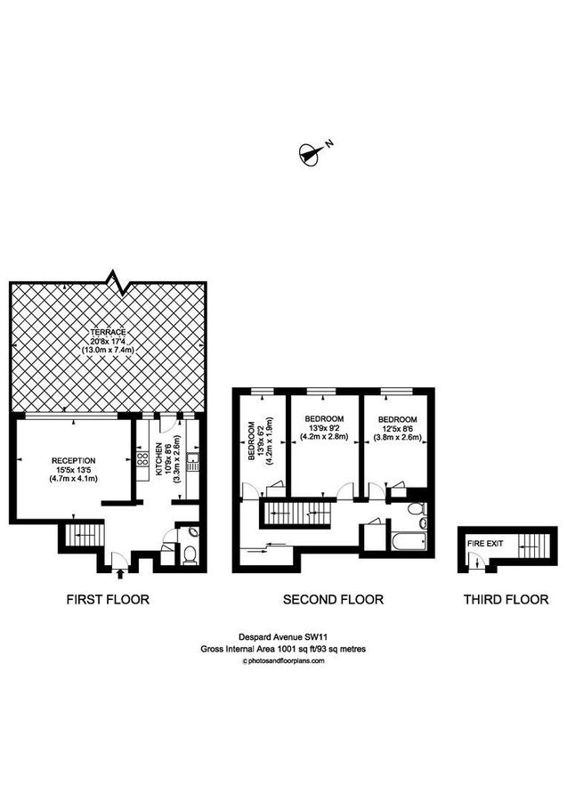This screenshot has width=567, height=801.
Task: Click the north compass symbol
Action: click(x=311, y=154)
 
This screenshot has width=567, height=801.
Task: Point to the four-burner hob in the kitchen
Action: click(x=142, y=460)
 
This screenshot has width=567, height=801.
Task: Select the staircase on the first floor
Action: click(x=83, y=537)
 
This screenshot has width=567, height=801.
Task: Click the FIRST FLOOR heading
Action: click(x=108, y=600)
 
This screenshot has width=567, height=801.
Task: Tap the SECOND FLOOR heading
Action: click(x=333, y=600)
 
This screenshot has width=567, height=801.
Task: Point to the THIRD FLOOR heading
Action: click(x=506, y=600)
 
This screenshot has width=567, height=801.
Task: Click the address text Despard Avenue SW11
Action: click(x=283, y=636)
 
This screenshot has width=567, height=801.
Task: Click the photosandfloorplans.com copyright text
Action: click(x=283, y=660)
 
